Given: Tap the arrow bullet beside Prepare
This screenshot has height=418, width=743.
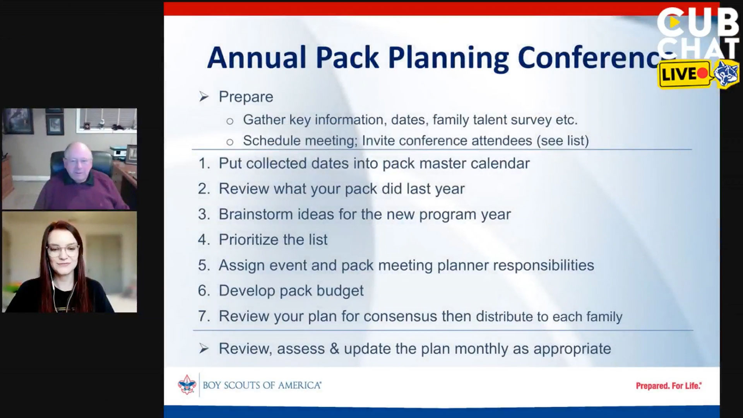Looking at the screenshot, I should tap(204, 97).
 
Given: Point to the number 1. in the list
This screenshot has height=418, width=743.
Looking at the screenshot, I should tap(204, 163).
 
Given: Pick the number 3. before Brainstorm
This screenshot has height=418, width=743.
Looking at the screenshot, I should tap(204, 214).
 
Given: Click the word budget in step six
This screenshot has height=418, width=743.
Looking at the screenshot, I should tap(340, 291).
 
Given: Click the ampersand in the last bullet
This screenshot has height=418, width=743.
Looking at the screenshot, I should tap(334, 349).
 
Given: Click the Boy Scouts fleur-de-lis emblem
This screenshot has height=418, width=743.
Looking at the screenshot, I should tap(187, 385).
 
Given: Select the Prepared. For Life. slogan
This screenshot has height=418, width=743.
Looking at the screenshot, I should tap(669, 386).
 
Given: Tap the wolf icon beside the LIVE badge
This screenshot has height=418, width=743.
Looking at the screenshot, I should tap(726, 74).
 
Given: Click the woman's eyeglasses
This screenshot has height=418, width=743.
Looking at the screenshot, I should tap(62, 250).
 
